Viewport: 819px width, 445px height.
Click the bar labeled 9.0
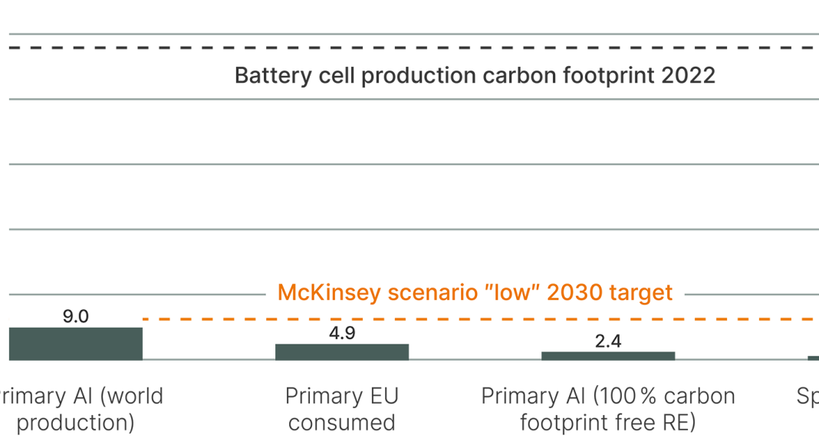click(x=75, y=344)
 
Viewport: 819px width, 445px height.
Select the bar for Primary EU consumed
click(x=342, y=351)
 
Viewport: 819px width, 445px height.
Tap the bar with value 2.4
click(x=608, y=356)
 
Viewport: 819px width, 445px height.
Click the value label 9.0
click(x=75, y=316)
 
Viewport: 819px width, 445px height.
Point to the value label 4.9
click(x=342, y=333)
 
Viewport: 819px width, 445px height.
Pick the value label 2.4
click(x=608, y=341)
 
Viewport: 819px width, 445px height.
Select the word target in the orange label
click(x=641, y=293)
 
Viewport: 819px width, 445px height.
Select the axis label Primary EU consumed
click(x=342, y=409)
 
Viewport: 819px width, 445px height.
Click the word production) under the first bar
click(x=75, y=423)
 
